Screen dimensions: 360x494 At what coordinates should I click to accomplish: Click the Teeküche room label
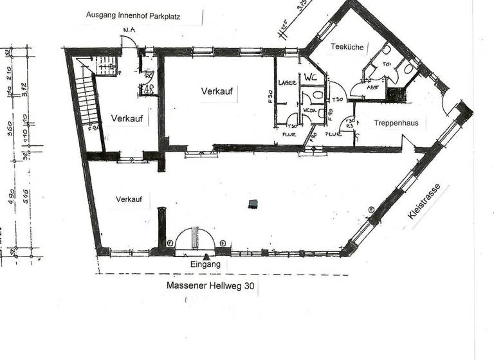[x=347, y=47]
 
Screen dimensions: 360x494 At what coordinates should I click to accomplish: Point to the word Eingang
[x=205, y=264]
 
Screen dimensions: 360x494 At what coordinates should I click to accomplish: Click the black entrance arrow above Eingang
[x=206, y=256]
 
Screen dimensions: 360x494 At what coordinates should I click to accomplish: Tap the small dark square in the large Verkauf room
[x=253, y=204]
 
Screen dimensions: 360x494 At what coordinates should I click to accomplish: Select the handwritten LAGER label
[x=287, y=83]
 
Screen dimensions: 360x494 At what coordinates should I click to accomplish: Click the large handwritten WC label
[x=311, y=77]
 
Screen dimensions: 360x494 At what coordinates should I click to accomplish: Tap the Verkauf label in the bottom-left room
[x=129, y=199]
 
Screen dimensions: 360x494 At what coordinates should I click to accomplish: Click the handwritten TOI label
[x=387, y=64]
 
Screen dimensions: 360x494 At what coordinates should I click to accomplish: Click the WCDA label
[x=310, y=110]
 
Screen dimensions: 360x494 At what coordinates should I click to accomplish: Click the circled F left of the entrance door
[x=170, y=243]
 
